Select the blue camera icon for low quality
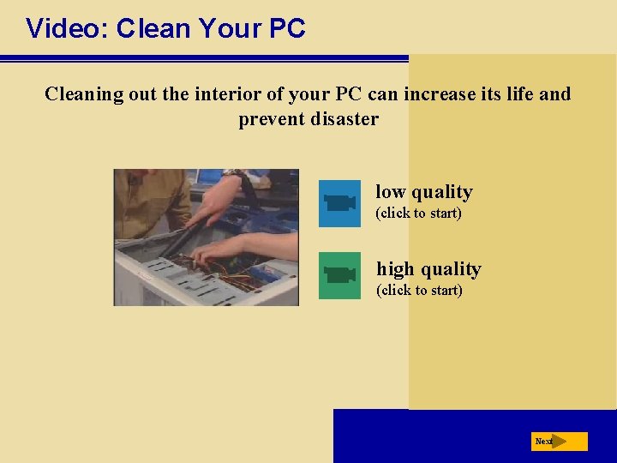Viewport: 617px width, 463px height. pos(339,203)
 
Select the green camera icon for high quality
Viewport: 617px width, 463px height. pos(339,275)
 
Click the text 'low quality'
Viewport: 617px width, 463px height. pos(423,192)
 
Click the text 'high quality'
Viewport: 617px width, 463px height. pos(428,269)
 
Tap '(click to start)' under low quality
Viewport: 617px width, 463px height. pos(418,213)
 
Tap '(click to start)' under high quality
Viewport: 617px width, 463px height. pos(419,290)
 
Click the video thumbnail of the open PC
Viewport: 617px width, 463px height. pos(207,238)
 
